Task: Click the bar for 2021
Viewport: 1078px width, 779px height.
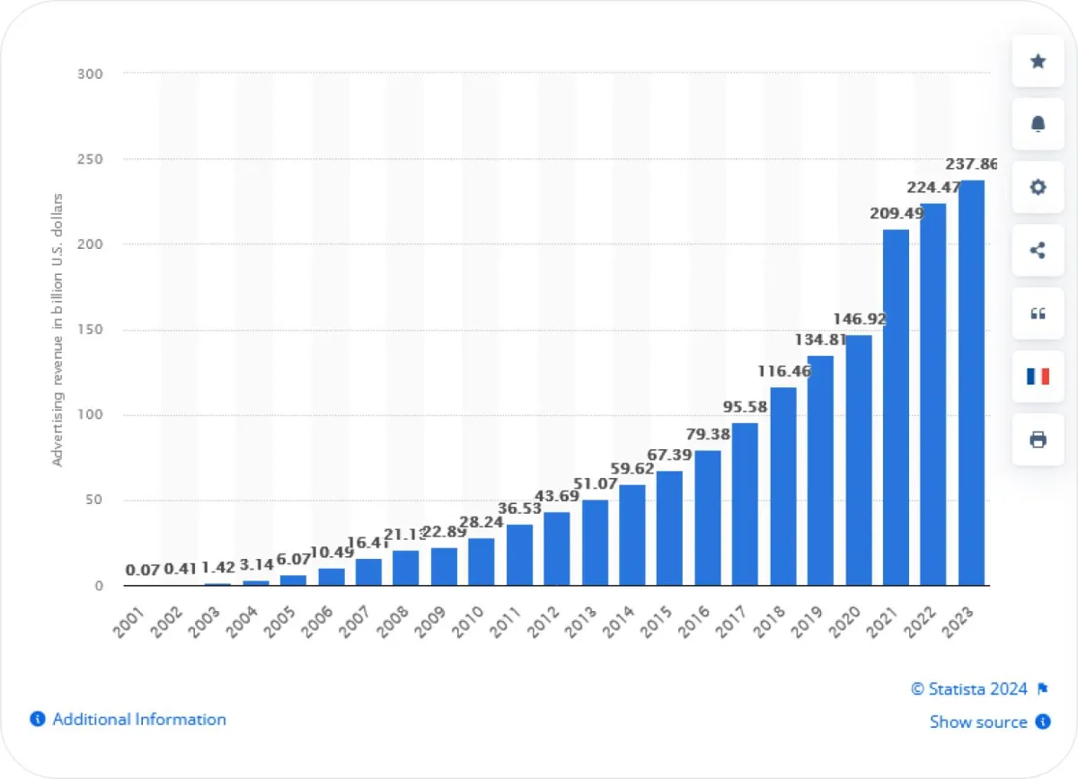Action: pos(896,407)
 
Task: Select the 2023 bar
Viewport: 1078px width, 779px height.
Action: pos(971,383)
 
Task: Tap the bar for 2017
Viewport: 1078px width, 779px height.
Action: pos(745,504)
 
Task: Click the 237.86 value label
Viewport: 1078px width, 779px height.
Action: pos(970,165)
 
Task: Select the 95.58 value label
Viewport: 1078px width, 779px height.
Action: pos(744,407)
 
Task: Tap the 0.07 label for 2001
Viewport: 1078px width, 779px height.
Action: pos(142,570)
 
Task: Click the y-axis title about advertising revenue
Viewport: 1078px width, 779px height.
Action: pos(58,329)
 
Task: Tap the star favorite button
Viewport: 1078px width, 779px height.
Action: pos(1038,61)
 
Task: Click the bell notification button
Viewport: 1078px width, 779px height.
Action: pos(1038,124)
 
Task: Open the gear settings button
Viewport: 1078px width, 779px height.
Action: pos(1038,187)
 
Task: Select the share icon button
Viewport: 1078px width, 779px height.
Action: pos(1038,250)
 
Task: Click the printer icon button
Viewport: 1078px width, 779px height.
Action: pos(1038,439)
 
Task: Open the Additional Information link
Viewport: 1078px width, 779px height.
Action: pos(138,719)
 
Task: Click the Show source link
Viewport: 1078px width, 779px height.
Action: pos(978,721)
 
